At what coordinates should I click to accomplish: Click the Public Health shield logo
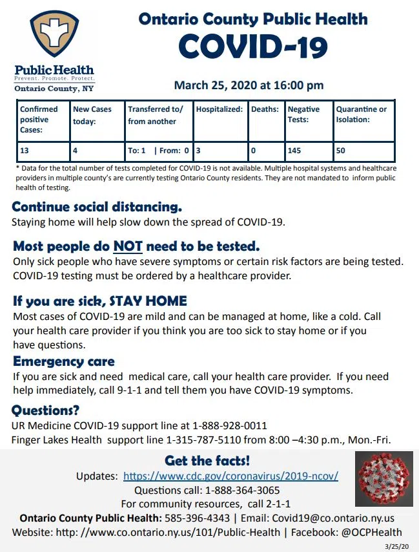click(54, 36)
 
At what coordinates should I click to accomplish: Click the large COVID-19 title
click(253, 47)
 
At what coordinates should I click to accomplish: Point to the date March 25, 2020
click(249, 85)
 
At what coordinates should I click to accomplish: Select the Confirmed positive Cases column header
click(39, 120)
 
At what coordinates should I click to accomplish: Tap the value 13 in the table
click(25, 151)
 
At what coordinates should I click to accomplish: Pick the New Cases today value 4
click(76, 151)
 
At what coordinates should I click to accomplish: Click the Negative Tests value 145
click(295, 151)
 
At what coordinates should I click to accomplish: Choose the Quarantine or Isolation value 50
click(342, 151)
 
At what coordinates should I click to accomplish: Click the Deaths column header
click(265, 110)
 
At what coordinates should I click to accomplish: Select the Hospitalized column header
click(219, 110)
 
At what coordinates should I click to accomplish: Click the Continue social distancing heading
click(97, 207)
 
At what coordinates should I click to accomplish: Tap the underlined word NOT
click(128, 246)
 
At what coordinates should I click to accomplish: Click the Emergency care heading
click(64, 361)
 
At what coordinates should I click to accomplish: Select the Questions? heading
click(46, 410)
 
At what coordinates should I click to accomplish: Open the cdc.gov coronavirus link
click(230, 476)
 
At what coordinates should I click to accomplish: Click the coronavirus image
click(383, 478)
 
